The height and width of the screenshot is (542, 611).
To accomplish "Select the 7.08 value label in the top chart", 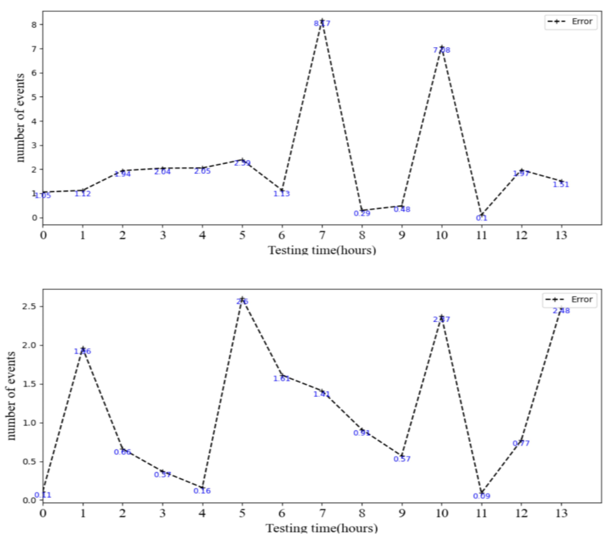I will click(442, 50).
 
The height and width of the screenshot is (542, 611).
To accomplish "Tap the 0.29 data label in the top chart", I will click(362, 213).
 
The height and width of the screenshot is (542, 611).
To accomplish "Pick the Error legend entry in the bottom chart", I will click(571, 299).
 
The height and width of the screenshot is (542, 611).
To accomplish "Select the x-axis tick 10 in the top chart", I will click(442, 236).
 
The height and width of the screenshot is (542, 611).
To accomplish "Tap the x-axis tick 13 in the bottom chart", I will click(561, 514).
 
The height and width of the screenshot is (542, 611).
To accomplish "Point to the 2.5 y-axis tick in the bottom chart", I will click(30, 307).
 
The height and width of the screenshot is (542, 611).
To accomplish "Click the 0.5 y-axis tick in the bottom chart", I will click(30, 462).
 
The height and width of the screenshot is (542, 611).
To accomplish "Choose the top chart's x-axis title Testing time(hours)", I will click(322, 250).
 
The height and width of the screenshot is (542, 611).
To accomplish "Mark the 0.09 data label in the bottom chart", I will click(482, 496).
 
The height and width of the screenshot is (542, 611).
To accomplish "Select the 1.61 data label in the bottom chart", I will click(282, 379).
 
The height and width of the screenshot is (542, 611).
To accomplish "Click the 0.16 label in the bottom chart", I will click(202, 491).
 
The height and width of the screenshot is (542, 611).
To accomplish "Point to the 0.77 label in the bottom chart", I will click(521, 443).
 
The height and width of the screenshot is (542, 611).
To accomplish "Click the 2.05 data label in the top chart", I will click(202, 171).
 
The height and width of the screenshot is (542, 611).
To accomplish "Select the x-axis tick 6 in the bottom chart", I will click(282, 514).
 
